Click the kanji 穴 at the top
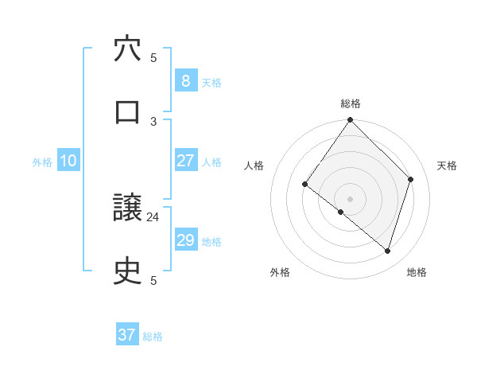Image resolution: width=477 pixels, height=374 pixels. (127, 49)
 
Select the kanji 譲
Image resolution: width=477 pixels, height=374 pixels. (127, 208)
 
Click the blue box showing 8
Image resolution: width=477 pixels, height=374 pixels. (185, 80)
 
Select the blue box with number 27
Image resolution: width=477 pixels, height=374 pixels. (185, 161)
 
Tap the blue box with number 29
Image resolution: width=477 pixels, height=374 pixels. (185, 240)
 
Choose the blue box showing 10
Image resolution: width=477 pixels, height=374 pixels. (68, 161)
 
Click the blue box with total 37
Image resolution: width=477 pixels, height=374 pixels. (127, 335)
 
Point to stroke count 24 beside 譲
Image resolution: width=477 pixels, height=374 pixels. (153, 216)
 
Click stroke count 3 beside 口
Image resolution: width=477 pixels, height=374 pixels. (153, 121)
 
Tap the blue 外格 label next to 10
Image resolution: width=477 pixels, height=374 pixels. (42, 162)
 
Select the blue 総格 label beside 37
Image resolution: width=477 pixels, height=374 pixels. (153, 337)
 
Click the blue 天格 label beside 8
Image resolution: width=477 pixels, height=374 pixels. (211, 82)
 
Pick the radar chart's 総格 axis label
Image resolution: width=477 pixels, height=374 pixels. (351, 103)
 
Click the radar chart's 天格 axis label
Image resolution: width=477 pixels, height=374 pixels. (448, 166)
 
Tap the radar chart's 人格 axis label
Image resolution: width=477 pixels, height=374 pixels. (254, 166)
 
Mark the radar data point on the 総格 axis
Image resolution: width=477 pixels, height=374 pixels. (351, 120)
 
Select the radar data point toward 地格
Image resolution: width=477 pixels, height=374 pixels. (388, 251)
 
